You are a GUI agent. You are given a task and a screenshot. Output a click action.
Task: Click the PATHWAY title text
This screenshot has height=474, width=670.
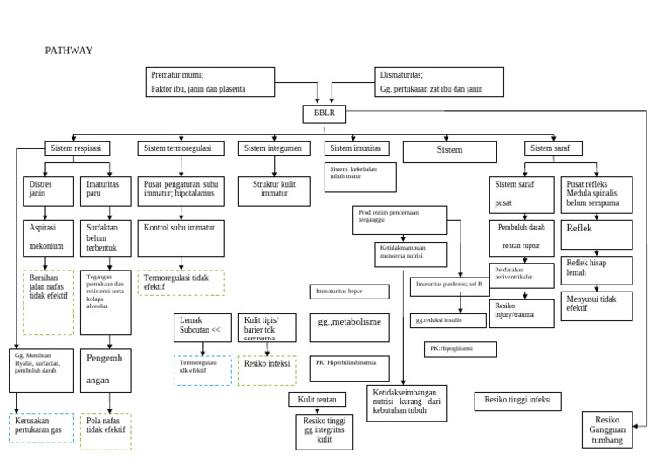coord(68,51)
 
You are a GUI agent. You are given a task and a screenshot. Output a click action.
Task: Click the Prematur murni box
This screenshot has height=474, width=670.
coord(209,81)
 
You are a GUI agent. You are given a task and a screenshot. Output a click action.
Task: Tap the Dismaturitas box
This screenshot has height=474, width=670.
coord(440,81)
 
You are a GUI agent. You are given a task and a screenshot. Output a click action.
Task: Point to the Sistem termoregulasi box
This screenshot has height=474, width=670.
coord(181,149)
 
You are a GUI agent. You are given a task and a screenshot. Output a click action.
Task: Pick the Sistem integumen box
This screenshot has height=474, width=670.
coord(273,149)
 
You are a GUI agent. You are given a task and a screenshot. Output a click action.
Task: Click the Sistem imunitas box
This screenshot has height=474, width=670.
coord(355,149)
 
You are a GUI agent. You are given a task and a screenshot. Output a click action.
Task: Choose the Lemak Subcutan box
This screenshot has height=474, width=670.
coord(202,327)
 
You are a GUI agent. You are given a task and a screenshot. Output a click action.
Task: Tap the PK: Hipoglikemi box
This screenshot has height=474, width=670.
coord(461,349)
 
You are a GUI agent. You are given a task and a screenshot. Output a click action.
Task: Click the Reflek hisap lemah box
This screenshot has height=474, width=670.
coord(594,268)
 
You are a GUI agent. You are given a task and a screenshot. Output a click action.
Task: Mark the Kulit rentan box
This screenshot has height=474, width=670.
coord(318,399)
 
